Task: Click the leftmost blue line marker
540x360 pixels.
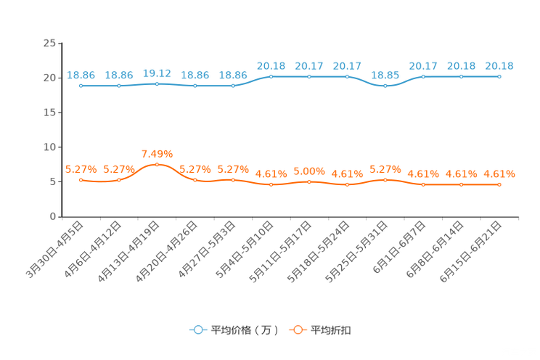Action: click(x=81, y=85)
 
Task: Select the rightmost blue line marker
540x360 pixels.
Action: click(x=499, y=76)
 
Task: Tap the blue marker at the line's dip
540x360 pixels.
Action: click(x=385, y=85)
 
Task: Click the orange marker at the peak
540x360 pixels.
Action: click(x=157, y=165)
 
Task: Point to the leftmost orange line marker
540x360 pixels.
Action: click(x=81, y=180)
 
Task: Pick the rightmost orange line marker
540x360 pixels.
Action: click(x=499, y=185)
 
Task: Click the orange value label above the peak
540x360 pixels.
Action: click(x=157, y=153)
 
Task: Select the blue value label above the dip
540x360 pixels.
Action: click(x=385, y=74)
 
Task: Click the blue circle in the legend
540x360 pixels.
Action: click(x=197, y=330)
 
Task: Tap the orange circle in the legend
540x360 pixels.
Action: click(x=298, y=330)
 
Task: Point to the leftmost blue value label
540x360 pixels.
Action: click(x=81, y=74)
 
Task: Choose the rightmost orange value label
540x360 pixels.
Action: click(x=499, y=173)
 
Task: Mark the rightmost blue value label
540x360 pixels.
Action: click(x=499, y=65)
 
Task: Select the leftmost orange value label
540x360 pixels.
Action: click(x=81, y=169)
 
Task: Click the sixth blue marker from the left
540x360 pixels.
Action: click(x=271, y=76)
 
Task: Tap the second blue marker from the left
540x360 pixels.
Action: click(x=118, y=85)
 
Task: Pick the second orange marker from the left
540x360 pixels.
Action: click(x=118, y=179)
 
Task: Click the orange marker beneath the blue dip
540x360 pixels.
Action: click(x=385, y=180)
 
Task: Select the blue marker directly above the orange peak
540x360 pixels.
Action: click(x=157, y=83)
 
